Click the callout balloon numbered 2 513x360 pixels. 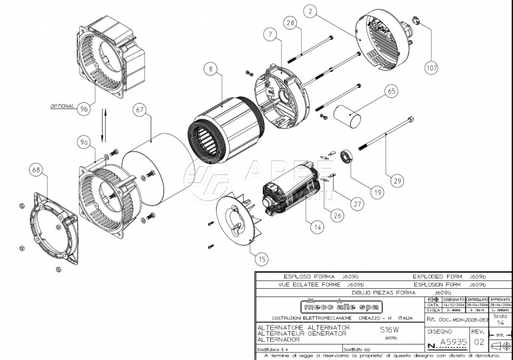click(x=310, y=11)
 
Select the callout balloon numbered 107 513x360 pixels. click(x=432, y=66)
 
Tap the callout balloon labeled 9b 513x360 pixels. click(x=84, y=110)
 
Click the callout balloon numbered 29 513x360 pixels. click(x=398, y=181)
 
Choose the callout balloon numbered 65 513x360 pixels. click(x=391, y=92)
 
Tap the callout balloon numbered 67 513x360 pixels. click(x=139, y=109)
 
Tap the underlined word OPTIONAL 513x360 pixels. click(x=62, y=105)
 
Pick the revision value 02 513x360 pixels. click(x=479, y=343)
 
